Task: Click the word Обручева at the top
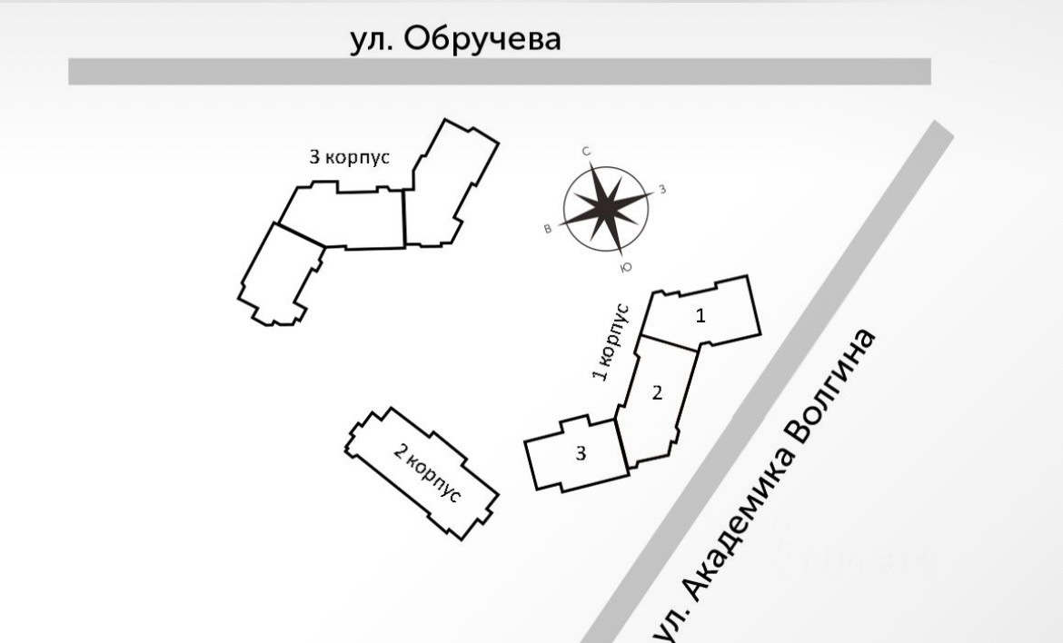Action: pos(482,39)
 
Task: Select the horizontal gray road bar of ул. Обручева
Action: pos(500,72)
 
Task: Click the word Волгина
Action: pos(834,385)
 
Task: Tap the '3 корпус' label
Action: pos(350,157)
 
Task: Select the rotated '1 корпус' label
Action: pos(610,341)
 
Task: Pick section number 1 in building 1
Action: pos(700,316)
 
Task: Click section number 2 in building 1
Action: pos(657,393)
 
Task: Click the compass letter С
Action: pos(587,152)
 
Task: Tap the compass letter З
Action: pos(662,189)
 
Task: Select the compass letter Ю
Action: pos(625,267)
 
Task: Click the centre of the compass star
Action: pos(606,208)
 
